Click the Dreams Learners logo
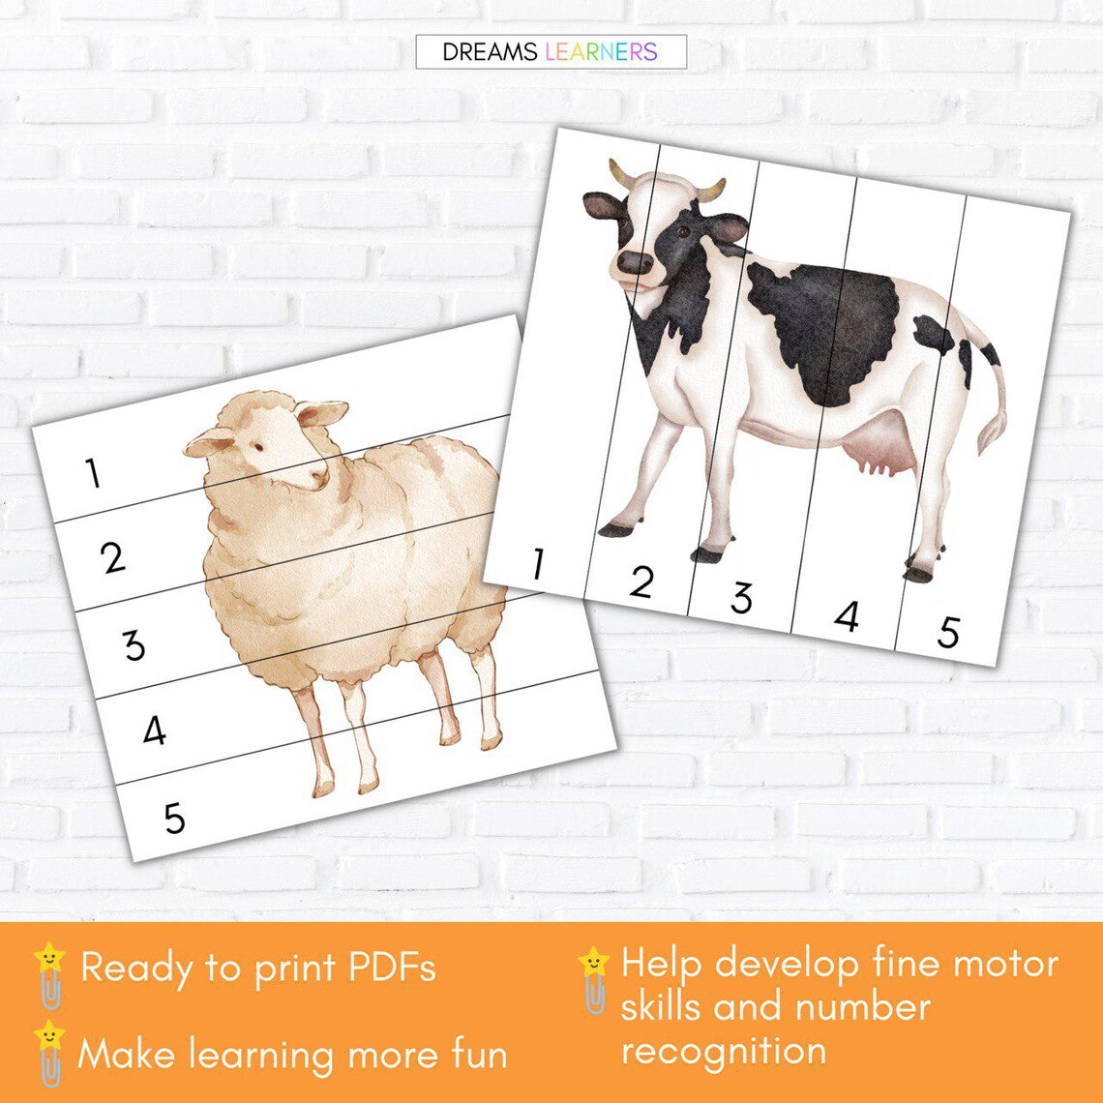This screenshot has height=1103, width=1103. (551, 52)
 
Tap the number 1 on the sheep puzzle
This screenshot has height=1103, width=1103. (93, 473)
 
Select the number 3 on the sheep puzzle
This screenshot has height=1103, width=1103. (134, 643)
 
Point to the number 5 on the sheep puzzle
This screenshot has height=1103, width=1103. (174, 819)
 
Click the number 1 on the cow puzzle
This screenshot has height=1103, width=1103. (537, 564)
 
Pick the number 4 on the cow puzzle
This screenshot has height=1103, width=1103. (847, 615)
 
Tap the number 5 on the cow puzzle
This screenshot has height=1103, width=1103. (948, 632)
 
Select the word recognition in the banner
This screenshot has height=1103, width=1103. (724, 1051)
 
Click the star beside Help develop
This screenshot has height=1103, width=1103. (593, 963)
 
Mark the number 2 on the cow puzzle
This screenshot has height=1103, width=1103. (641, 581)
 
